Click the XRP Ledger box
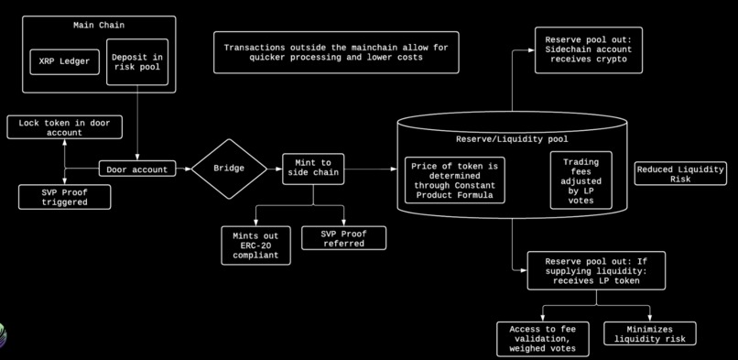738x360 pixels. tap(63, 62)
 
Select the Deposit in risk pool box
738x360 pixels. tap(137, 62)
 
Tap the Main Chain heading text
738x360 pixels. tap(99, 24)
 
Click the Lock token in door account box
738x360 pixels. tap(64, 126)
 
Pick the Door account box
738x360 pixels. tap(137, 169)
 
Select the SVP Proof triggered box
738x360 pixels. tap(64, 196)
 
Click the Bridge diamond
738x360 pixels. tap(229, 169)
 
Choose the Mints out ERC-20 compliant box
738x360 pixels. tap(255, 245)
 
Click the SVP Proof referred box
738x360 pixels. tap(343, 238)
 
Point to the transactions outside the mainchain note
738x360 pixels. tap(336, 52)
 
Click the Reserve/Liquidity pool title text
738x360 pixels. tap(512, 139)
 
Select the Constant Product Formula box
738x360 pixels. tap(455, 180)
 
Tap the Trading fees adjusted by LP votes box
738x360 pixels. tap(581, 180)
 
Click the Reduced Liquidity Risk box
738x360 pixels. tap(680, 173)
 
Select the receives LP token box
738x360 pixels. tap(596, 270)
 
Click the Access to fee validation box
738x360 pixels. tap(543, 338)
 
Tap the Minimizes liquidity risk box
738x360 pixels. tap(650, 333)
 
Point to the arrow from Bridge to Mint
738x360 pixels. tap(275, 169)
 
